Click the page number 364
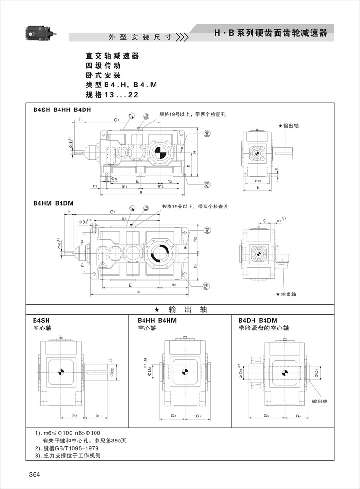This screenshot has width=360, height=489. [34, 475]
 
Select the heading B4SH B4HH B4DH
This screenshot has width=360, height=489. [62, 110]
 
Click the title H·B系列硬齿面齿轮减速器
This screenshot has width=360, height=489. [270, 33]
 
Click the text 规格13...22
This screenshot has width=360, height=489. [112, 95]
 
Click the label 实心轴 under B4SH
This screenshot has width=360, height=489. [42, 328]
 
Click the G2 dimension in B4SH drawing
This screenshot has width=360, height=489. [74, 415]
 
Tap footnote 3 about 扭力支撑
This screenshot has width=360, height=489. [71, 456]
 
